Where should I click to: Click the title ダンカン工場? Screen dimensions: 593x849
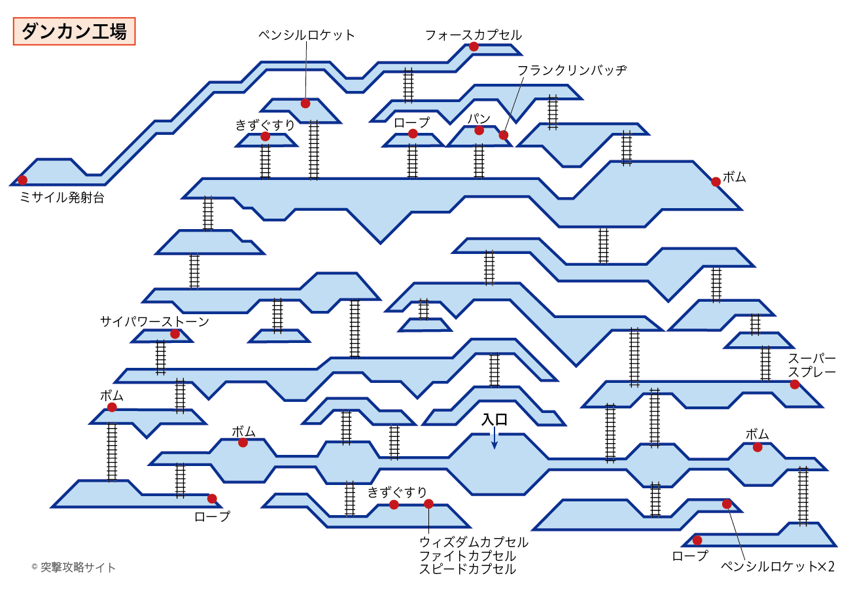click(x=74, y=31)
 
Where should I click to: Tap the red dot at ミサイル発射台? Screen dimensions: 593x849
click(x=23, y=180)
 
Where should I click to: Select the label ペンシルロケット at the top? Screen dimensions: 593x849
click(x=307, y=35)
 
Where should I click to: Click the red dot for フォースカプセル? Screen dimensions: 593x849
click(x=474, y=47)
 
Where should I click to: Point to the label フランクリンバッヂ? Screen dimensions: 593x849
click(x=572, y=69)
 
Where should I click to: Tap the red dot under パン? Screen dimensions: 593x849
click(x=479, y=130)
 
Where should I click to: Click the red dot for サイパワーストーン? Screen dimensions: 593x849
click(x=175, y=334)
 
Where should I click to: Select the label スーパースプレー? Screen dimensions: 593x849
click(x=811, y=365)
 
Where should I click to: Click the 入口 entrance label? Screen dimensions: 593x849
click(x=494, y=420)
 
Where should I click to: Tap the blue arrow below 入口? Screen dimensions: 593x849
click(x=494, y=440)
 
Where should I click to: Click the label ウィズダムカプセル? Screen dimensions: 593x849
click(x=474, y=542)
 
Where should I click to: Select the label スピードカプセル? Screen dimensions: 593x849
click(x=467, y=569)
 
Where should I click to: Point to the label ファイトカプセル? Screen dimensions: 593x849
click(x=467, y=556)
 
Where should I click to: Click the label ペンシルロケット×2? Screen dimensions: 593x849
click(x=777, y=566)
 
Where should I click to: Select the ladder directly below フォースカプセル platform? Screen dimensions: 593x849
click(x=408, y=85)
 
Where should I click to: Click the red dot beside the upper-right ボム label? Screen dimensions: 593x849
click(x=716, y=181)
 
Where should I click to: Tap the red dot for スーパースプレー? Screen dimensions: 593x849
click(x=794, y=384)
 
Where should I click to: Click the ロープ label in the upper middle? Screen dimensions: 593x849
click(x=411, y=122)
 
